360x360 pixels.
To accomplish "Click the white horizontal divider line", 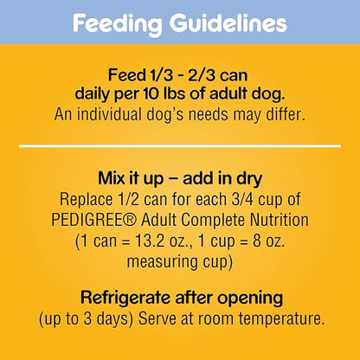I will point(180,146).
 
